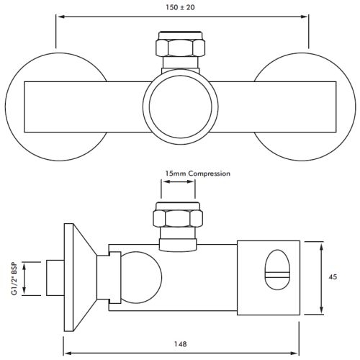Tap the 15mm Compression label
pos(197,174)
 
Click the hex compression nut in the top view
pos(178,48)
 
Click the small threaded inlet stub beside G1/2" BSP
pos(55,279)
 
